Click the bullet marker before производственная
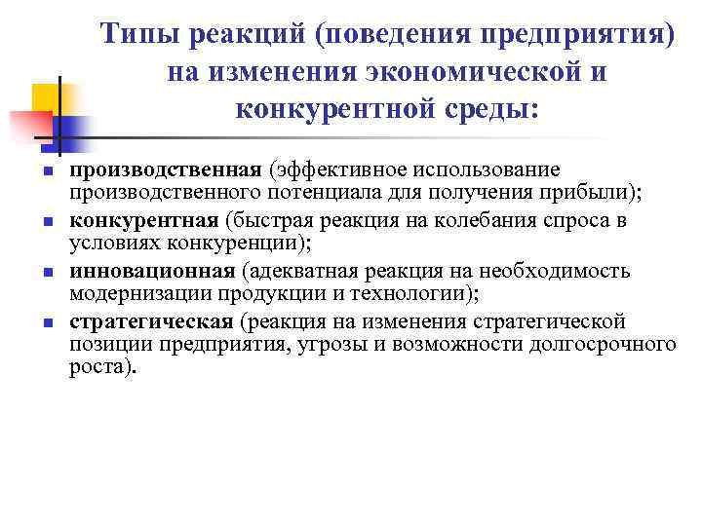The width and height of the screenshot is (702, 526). pos(46,172)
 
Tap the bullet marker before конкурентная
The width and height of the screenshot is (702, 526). pos(46,223)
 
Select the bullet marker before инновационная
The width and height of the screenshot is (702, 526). pos(46,273)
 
